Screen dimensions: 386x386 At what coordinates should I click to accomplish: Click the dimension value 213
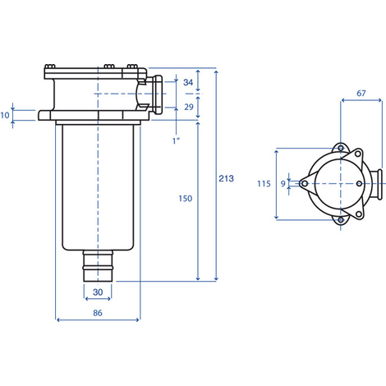(226, 178)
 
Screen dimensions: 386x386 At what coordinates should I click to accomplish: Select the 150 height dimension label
(186, 199)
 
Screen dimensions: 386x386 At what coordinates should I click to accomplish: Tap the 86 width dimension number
(98, 313)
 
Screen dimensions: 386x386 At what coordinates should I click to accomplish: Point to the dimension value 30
(98, 292)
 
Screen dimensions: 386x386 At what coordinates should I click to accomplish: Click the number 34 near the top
(188, 82)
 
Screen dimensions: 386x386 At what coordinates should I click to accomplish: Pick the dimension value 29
(189, 107)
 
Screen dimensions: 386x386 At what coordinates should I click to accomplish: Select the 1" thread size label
(177, 140)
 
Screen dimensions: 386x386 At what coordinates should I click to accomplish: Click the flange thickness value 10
(5, 115)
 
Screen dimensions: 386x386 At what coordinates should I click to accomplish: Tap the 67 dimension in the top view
(361, 94)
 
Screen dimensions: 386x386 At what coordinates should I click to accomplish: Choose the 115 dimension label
(264, 183)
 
